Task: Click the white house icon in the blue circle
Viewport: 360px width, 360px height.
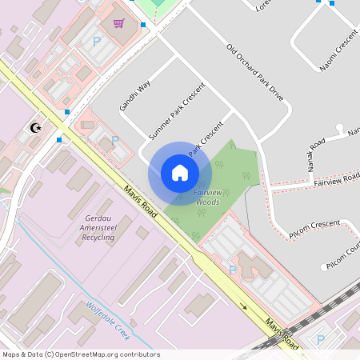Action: (180, 173)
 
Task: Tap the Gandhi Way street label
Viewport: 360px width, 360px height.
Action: (135, 95)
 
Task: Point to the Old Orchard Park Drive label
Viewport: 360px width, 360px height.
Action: (255, 71)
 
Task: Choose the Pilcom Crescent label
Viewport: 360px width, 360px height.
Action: (314, 229)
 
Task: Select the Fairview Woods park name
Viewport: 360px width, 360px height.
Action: (207, 198)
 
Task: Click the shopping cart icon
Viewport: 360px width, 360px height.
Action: (119, 23)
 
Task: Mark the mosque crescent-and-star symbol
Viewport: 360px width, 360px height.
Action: (34, 127)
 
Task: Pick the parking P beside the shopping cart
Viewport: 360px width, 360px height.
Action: (97, 41)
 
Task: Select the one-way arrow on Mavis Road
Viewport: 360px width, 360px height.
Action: (243, 306)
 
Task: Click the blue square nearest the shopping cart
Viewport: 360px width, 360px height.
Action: (142, 26)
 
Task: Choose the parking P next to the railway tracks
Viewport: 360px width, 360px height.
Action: (321, 339)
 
